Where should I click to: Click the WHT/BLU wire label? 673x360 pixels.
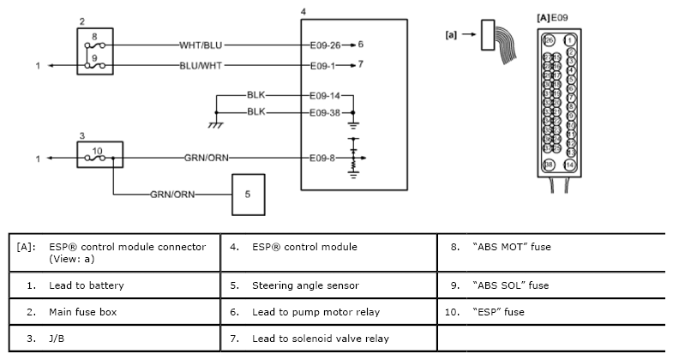click(202, 44)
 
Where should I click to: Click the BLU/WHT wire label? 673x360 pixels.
click(202, 64)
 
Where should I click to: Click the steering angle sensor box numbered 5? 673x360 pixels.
click(247, 195)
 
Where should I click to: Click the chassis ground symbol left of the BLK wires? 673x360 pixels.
click(215, 124)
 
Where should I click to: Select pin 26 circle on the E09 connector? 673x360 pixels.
click(548, 39)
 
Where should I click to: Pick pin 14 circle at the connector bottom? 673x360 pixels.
click(569, 164)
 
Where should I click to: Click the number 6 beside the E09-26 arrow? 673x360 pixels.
click(362, 44)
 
